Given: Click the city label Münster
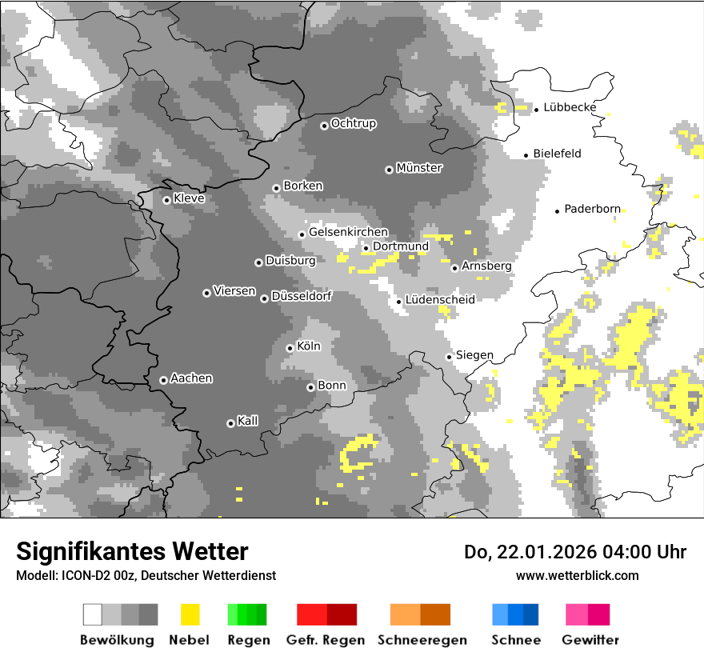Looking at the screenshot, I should point(419,168).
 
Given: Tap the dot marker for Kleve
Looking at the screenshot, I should point(166,200).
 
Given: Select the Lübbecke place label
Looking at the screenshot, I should point(570,107).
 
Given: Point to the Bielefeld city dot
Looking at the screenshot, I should point(526,155).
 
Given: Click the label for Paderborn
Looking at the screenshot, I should point(592,209).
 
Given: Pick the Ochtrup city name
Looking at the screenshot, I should point(354,123).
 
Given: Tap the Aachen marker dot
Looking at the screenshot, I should point(163,380).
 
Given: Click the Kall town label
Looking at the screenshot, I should point(248,421).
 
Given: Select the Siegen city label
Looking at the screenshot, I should point(474,355).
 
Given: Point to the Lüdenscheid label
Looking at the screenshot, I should point(440,299).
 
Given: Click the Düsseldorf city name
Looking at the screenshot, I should point(302,296).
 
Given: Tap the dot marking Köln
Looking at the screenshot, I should point(290,348).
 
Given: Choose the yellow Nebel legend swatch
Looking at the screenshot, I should point(190,614).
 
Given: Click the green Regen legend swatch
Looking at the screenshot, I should point(247,614).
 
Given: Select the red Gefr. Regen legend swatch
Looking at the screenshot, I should point(326,614).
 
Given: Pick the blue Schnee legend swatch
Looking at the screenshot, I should point(515,614).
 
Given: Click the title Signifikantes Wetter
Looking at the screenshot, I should point(132,551).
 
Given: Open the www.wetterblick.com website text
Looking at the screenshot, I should point(577,575).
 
